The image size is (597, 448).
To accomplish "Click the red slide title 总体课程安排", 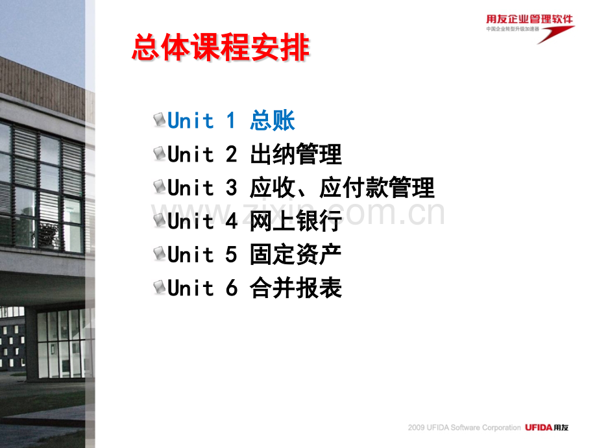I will click(221, 49).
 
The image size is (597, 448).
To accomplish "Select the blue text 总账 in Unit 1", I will click(273, 121).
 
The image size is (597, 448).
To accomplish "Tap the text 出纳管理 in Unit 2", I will click(295, 155).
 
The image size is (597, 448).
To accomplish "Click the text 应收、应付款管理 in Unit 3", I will click(342, 188).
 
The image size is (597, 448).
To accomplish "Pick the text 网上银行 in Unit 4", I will click(295, 221).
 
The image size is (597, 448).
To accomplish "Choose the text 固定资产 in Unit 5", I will click(295, 255).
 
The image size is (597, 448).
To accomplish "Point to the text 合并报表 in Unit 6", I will click(295, 288).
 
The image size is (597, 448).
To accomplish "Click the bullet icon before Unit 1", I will click(159, 120).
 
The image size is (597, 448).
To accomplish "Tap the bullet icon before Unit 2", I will click(159, 154).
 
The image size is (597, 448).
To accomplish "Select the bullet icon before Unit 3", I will click(159, 188).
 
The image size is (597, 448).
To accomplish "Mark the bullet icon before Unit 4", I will click(159, 221).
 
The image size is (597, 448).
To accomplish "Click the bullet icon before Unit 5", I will click(159, 255).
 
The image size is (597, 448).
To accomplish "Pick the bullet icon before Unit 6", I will click(159, 288).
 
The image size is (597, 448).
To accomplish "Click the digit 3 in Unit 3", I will click(232, 188).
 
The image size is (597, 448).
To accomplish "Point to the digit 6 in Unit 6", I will click(232, 288).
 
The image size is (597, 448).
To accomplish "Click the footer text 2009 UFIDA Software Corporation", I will click(464, 428).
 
